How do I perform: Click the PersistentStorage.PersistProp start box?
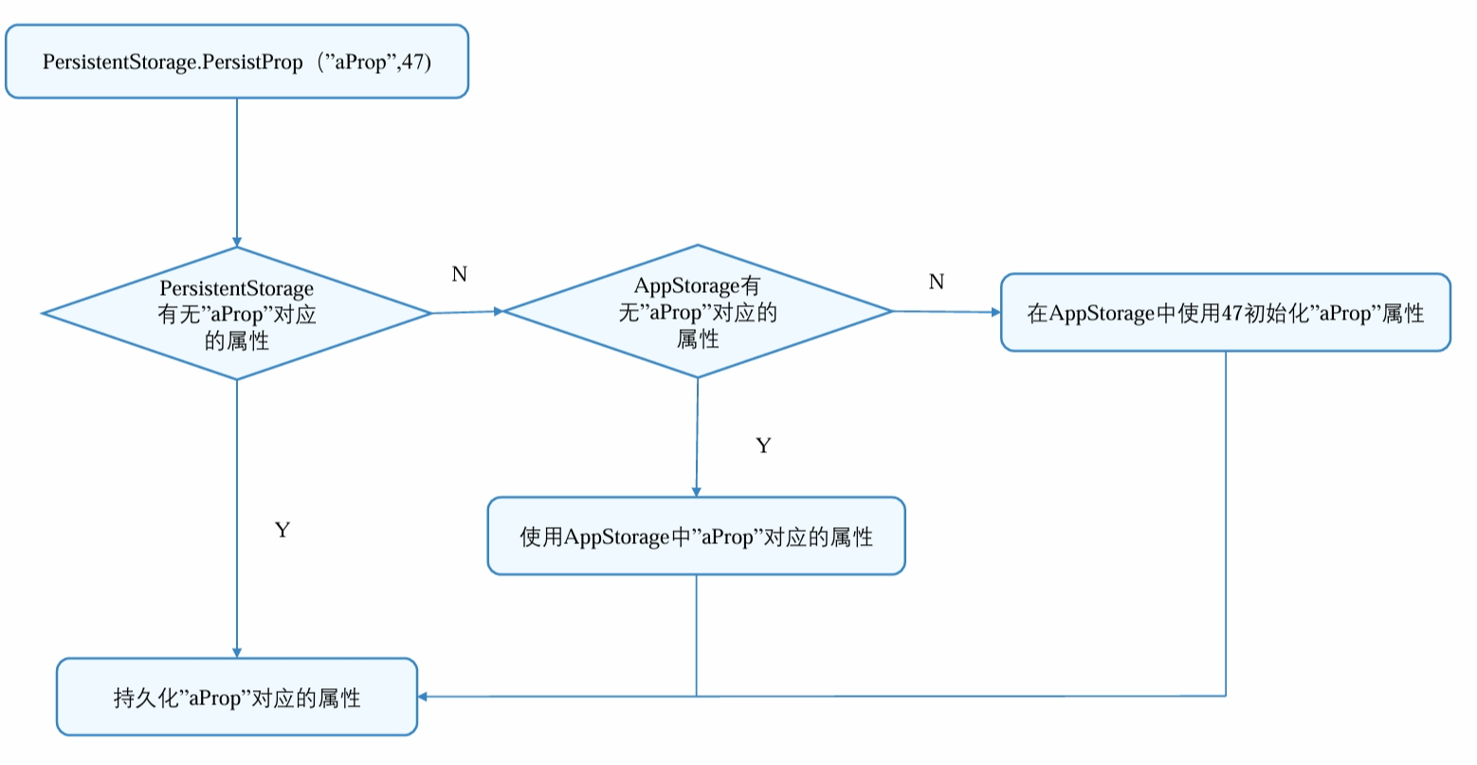pyautogui.click(x=237, y=62)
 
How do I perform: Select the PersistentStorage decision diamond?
pyautogui.click(x=237, y=314)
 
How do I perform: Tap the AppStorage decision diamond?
pyautogui.click(x=698, y=312)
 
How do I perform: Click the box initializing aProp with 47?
pyautogui.click(x=1226, y=313)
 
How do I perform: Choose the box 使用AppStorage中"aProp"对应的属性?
pyautogui.click(x=696, y=537)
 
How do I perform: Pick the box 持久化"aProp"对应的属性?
pyautogui.click(x=237, y=698)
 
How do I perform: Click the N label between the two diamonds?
pyautogui.click(x=460, y=275)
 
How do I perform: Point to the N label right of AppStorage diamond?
pyautogui.click(x=937, y=282)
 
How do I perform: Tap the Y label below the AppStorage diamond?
pyautogui.click(x=763, y=446)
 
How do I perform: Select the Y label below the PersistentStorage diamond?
pyautogui.click(x=282, y=530)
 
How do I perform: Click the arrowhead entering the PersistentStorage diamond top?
pyautogui.click(x=237, y=241)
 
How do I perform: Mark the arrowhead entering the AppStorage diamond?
pyautogui.click(x=496, y=311)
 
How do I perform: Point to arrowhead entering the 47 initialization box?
pyautogui.click(x=994, y=312)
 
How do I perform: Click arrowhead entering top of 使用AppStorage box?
pyautogui.click(x=696, y=491)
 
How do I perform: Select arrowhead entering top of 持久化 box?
pyautogui.click(x=237, y=652)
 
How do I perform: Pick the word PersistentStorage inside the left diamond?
pyautogui.click(x=236, y=288)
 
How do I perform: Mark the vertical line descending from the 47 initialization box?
pyautogui.click(x=1226, y=521)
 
